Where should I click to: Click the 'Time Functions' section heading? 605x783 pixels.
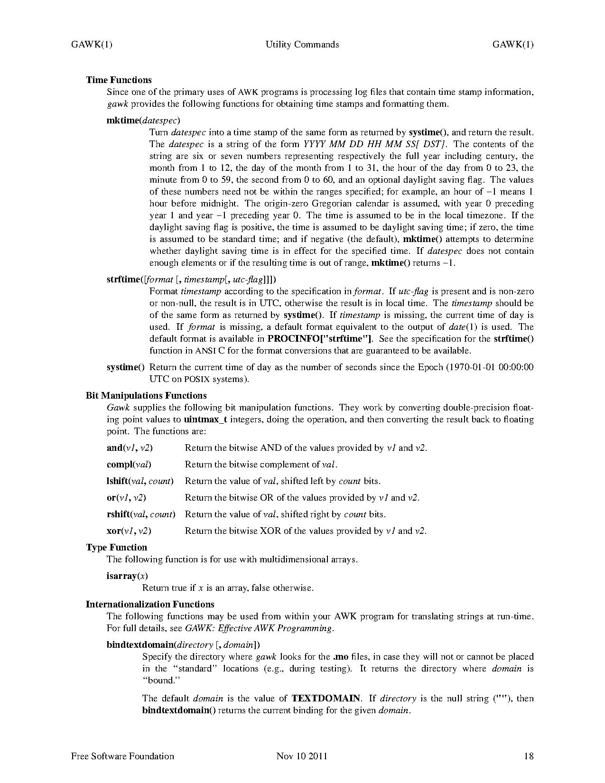click(119, 80)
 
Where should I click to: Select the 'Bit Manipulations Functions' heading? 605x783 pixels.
click(146, 395)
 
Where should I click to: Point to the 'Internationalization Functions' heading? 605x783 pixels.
click(150, 604)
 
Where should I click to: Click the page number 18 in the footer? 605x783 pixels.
click(529, 756)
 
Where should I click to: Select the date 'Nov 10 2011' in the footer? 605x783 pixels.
click(302, 756)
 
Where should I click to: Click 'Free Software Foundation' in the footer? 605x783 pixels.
click(122, 756)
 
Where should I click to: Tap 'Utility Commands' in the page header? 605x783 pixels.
click(302, 45)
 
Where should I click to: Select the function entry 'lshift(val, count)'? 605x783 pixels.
click(140, 481)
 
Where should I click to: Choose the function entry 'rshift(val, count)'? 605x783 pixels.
click(141, 514)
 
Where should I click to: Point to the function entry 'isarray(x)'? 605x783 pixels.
click(127, 576)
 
